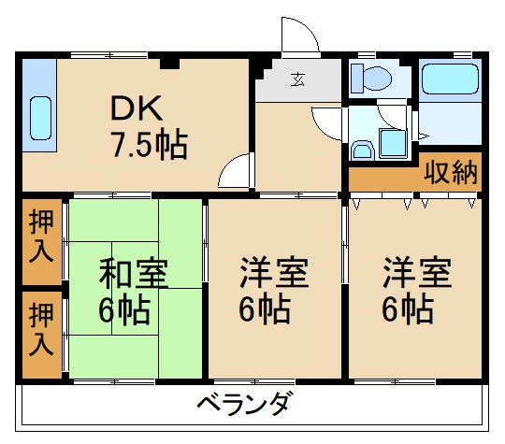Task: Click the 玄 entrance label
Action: point(297,79)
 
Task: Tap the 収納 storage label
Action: point(452,172)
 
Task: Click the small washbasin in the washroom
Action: point(362,150)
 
